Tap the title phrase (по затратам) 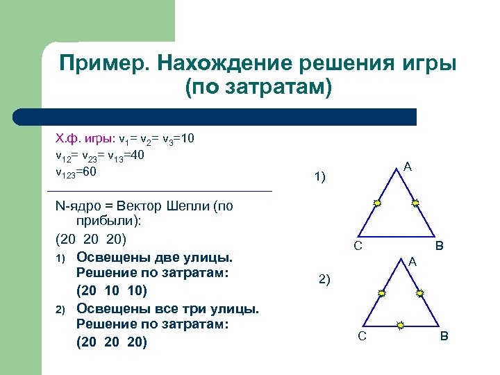[x=258, y=87]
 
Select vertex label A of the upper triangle [x=408, y=167]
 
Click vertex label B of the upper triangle [x=440, y=246]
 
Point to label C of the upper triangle [x=357, y=246]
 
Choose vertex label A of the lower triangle [x=412, y=262]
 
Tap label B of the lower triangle [x=444, y=337]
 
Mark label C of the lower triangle [x=362, y=337]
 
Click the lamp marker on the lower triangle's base [x=401, y=324]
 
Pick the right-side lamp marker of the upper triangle [x=415, y=203]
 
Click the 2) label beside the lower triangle [x=324, y=280]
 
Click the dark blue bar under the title [x=215, y=117]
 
